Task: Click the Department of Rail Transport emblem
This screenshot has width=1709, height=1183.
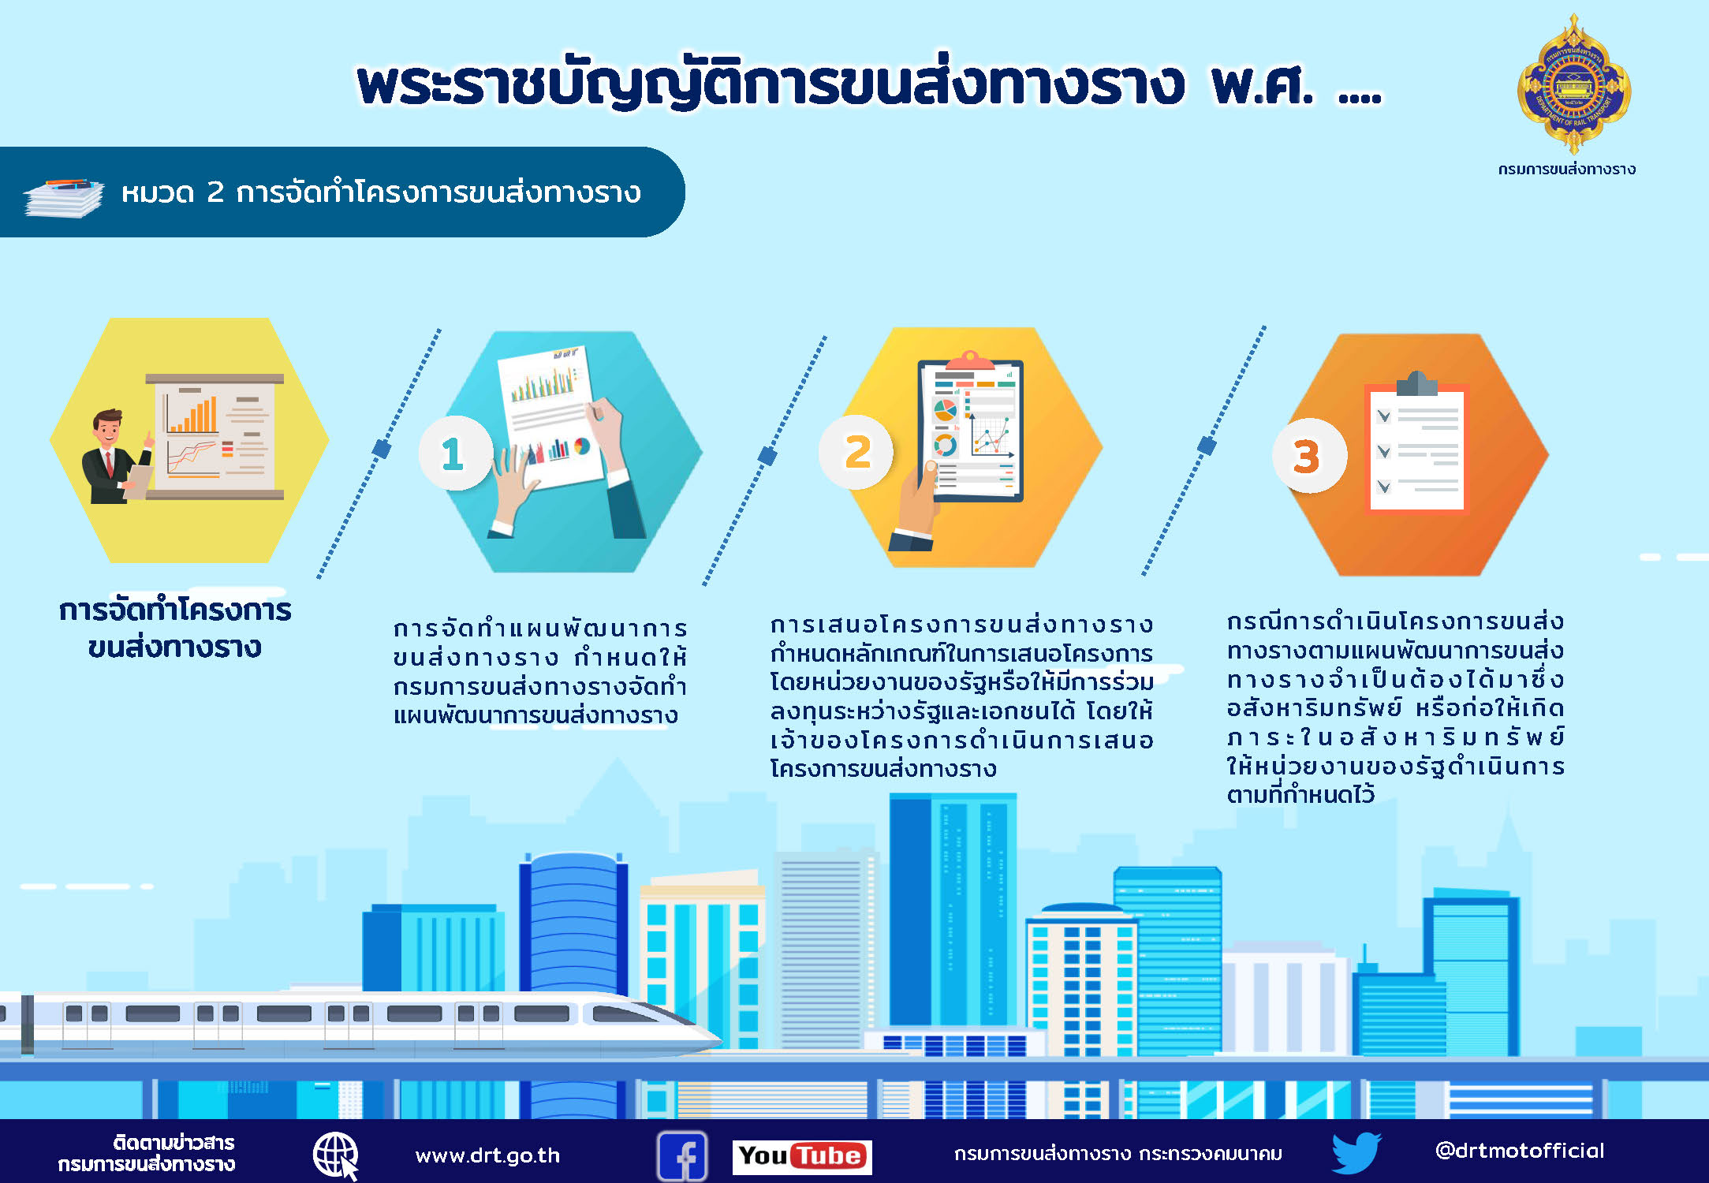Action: pos(1574,84)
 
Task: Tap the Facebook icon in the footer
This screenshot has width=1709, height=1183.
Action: pos(682,1156)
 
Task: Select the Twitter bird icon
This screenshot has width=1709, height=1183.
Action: pos(1356,1153)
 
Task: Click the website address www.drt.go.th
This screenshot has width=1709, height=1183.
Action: pos(487,1156)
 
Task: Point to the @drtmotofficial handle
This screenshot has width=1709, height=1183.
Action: pos(1520,1151)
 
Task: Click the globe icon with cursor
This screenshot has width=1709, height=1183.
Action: pos(336,1156)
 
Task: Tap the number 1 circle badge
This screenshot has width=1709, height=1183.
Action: pos(455,453)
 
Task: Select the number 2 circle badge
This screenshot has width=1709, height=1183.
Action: pos(856,452)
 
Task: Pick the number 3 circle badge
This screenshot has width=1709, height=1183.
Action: pos(1309,456)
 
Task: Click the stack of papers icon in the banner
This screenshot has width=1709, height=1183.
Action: pos(63,197)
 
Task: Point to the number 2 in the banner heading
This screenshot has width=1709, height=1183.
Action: pos(215,192)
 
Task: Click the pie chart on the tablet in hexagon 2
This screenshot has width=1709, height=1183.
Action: pos(945,409)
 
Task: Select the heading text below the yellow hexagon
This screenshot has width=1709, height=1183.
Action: pos(175,629)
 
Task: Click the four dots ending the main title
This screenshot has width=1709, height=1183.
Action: pos(1360,98)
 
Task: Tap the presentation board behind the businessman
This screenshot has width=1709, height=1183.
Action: pos(215,436)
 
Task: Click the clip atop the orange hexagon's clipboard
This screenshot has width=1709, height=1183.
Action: pos(1416,383)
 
